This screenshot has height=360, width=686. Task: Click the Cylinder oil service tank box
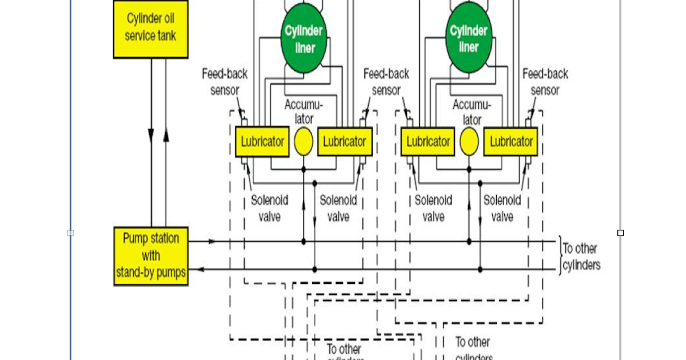pos(151,28)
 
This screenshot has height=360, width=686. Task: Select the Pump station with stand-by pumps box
pos(151,255)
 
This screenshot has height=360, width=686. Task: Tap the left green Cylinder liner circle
pos(305,39)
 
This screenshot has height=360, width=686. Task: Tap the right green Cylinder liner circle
pos(469,39)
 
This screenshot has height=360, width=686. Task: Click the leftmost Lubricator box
pos(262,141)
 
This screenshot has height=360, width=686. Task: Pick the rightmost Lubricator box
pos(511,141)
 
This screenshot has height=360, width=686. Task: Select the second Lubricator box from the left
pos(345,141)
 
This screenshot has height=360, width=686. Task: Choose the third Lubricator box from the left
pos(428,141)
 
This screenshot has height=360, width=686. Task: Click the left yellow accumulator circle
pos(304,142)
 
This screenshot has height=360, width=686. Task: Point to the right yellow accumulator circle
pos(469,142)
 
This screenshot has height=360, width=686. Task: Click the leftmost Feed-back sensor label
pos(221,82)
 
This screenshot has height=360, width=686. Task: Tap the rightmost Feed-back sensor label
pos(545,82)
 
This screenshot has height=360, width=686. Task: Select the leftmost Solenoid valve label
pos(269,209)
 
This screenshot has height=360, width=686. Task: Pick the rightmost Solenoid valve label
pos(502,209)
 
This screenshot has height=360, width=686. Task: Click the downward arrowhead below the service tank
pos(151,136)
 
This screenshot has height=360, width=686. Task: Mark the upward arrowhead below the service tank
pos(166,136)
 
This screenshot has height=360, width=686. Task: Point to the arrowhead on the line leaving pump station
pos(212,242)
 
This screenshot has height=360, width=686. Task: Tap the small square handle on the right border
pos(620,233)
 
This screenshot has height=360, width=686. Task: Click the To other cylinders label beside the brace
pos(581,257)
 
